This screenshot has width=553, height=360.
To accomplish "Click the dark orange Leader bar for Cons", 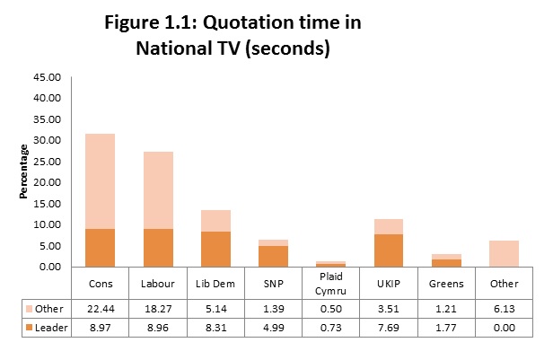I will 100,248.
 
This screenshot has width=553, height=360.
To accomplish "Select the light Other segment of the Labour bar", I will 158,189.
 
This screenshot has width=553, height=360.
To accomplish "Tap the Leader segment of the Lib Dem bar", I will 216,249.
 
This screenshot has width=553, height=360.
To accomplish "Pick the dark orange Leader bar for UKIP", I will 390,250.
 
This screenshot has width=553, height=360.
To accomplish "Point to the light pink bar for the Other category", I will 505,253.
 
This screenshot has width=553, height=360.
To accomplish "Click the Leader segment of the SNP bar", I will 274,256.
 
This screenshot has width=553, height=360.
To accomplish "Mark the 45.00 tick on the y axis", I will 46,77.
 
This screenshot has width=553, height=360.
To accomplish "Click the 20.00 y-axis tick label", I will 46,182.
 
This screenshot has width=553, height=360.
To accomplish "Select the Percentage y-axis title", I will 25,171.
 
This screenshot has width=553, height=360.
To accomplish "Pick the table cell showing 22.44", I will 100,308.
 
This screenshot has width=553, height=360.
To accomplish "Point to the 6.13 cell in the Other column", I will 505,308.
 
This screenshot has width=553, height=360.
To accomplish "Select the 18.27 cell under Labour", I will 158,308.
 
